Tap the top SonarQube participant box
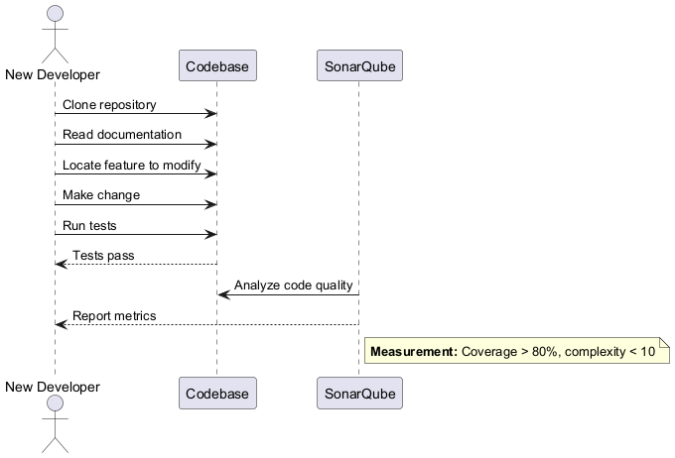coord(359,66)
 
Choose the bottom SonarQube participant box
coord(359,394)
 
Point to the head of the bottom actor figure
coord(54,403)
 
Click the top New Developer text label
coord(53,74)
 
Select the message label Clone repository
coord(109,104)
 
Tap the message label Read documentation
coord(122,134)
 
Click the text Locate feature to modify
coord(132,165)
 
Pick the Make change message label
coord(101,195)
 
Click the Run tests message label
coord(89,225)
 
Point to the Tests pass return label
coord(103,256)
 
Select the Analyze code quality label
coord(294,286)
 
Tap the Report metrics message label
coord(114,316)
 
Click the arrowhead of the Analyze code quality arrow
coord(222,294)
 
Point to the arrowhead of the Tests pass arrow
coord(60,264)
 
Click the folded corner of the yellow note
coord(665,343)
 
